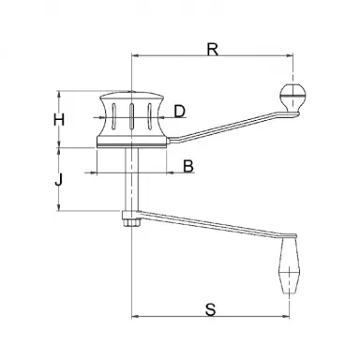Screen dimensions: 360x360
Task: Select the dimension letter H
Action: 59,120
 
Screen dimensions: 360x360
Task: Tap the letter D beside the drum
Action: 180,112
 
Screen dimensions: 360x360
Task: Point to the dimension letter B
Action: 187,166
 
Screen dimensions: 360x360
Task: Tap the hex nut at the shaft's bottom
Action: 130,220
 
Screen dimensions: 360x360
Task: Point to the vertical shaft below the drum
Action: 131,183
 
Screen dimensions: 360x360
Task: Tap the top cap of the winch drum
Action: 131,97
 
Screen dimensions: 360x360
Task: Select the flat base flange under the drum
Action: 131,143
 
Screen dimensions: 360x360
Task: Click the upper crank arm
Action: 225,127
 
